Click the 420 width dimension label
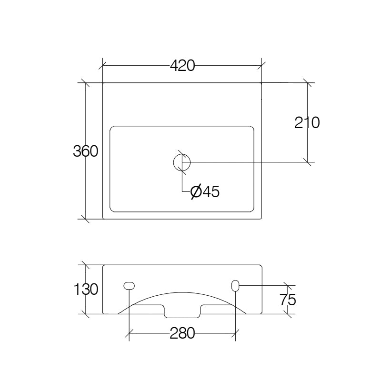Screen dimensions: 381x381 pyautogui.click(x=182, y=66)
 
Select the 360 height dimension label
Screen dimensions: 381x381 pyautogui.click(x=85, y=151)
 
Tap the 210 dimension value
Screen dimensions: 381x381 pyautogui.click(x=307, y=123)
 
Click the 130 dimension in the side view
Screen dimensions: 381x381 pyautogui.click(x=85, y=289)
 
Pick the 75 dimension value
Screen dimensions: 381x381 pyautogui.click(x=288, y=300)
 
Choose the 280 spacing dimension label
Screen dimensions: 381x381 pyautogui.click(x=182, y=334)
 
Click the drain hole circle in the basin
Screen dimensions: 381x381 pyautogui.click(x=181, y=162)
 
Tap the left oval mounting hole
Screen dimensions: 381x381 pyautogui.click(x=129, y=285)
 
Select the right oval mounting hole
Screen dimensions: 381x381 pyautogui.click(x=235, y=285)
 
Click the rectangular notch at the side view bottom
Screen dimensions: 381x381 pyautogui.click(x=182, y=312)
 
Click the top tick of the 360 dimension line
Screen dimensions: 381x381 pyautogui.click(x=85, y=83)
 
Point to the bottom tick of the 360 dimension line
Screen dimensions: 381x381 pyautogui.click(x=85, y=219)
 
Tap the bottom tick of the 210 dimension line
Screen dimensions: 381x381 pyautogui.click(x=308, y=162)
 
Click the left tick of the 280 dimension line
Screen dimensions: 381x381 pyautogui.click(x=129, y=334)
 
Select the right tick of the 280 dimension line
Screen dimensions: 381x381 pyautogui.click(x=235, y=334)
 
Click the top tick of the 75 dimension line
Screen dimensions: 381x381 pyautogui.click(x=288, y=285)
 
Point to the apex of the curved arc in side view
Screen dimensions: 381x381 pyautogui.click(x=182, y=292)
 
